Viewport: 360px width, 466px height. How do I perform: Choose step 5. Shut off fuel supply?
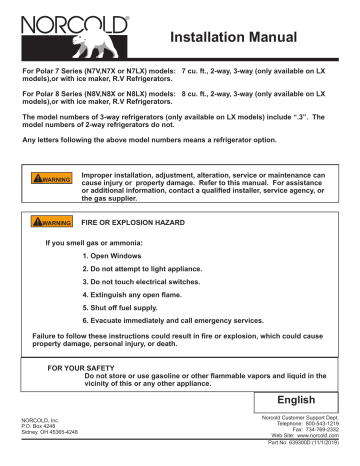click(x=125, y=316)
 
